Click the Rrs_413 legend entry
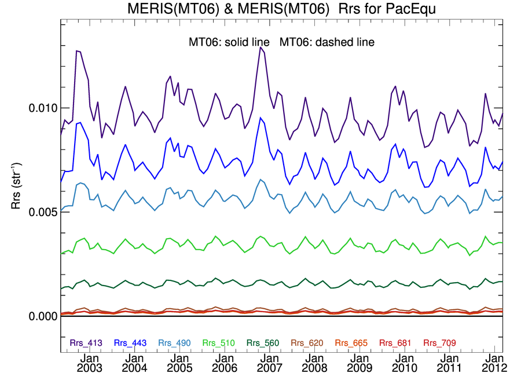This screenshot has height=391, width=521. (86, 343)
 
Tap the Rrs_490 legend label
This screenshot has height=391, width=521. (174, 343)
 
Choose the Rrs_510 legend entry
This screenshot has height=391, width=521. (219, 343)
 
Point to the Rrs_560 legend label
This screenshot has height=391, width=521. (263, 343)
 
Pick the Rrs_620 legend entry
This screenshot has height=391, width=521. (307, 343)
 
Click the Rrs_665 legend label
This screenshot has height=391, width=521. (351, 343)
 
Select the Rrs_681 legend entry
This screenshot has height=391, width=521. (395, 343)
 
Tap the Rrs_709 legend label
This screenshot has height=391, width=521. (439, 343)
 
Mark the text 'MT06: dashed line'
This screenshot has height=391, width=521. (327, 42)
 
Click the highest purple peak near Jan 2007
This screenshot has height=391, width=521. (260, 47)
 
